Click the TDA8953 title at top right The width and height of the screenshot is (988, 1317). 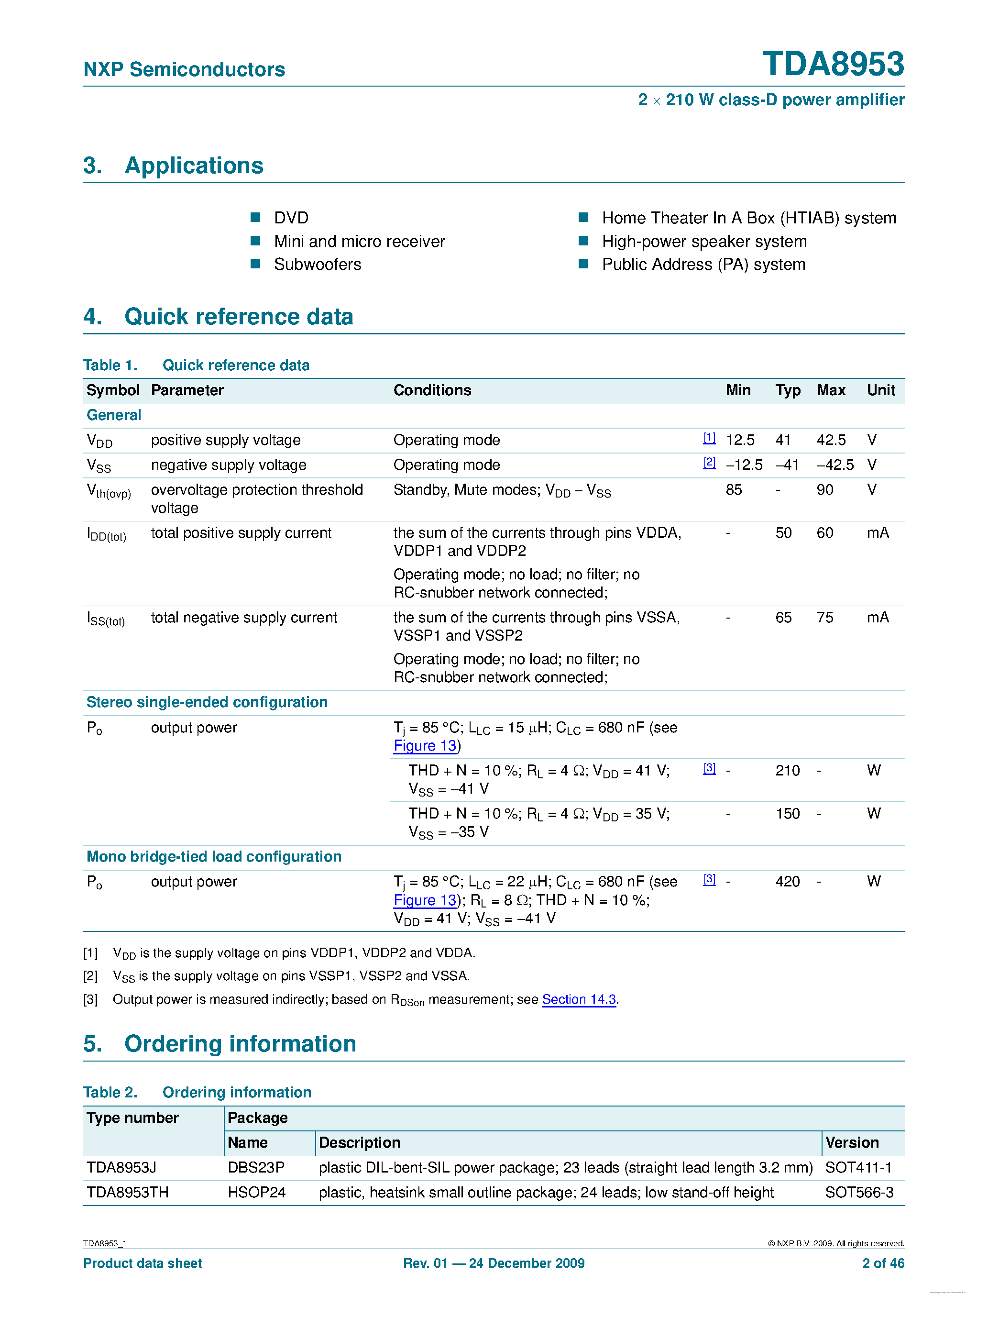833,64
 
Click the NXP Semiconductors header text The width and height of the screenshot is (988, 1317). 184,70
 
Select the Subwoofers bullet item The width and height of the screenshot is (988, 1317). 317,265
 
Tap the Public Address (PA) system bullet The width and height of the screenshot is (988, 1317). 703,265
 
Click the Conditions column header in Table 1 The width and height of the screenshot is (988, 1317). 432,390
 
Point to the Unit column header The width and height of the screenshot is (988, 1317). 880,390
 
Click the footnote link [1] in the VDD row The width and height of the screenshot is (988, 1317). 709,438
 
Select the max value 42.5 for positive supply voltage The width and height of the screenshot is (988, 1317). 831,440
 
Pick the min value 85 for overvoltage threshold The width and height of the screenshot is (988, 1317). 734,489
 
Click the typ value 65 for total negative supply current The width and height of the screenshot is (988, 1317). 783,618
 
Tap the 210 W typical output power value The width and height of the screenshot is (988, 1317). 788,770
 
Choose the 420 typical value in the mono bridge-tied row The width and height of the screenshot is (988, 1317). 788,881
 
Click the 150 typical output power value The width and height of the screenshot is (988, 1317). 788,813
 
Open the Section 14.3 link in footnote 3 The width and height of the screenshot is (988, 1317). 579,999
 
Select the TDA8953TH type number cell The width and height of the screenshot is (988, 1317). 127,1192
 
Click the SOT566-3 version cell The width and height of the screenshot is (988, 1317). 859,1192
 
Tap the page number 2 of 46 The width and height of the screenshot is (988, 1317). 883,1263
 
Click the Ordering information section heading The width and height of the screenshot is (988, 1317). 240,1044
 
